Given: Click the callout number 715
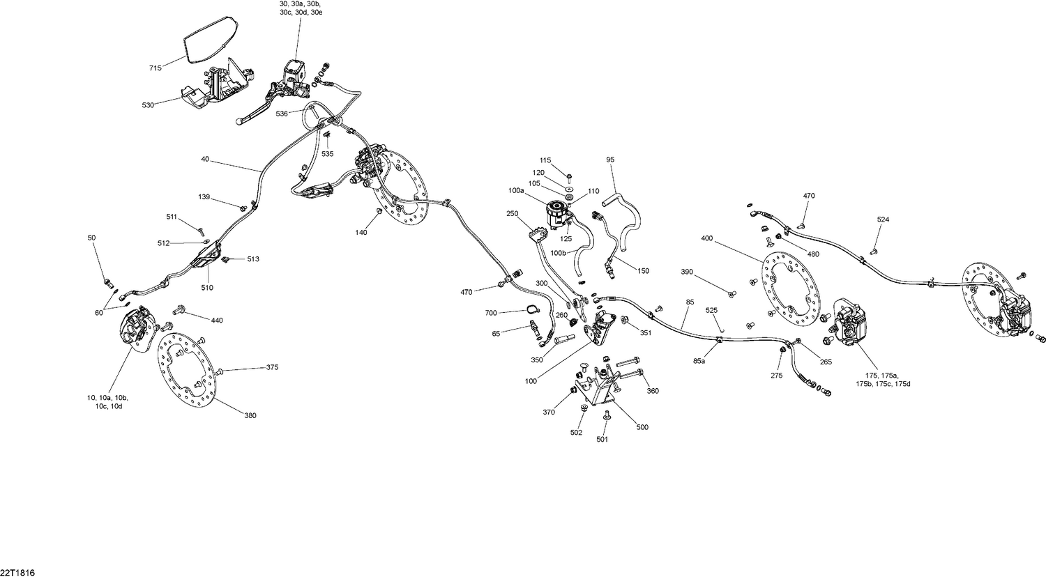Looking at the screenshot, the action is [x=155, y=68].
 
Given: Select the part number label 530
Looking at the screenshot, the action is [x=148, y=105].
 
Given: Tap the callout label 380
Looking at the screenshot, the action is [x=251, y=416].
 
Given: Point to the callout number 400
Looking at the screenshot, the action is [x=707, y=238].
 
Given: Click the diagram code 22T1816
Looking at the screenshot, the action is [x=17, y=573].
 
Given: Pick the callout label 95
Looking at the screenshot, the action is [x=610, y=160].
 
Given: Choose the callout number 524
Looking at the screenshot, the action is [x=883, y=219].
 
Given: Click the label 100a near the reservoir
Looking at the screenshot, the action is [x=517, y=190].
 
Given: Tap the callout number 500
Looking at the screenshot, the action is [x=642, y=427].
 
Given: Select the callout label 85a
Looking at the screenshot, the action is [x=699, y=361].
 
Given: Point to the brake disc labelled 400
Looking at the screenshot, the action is [x=790, y=291].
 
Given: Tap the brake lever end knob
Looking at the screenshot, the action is [x=240, y=121].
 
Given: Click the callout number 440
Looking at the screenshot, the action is [x=217, y=321].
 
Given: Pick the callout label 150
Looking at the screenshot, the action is [x=643, y=271].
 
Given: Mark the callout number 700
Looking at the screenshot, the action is [x=491, y=313].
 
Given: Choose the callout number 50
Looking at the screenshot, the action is [x=91, y=238].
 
